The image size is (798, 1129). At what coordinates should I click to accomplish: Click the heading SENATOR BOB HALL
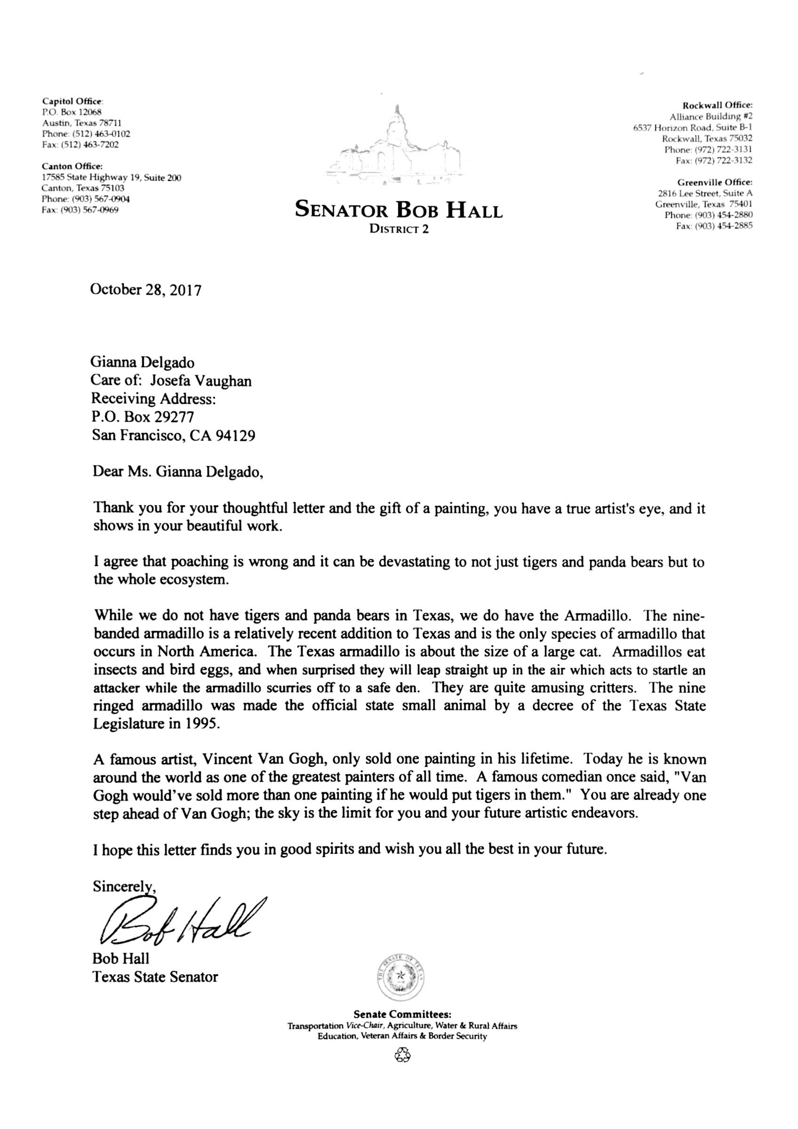click(399, 211)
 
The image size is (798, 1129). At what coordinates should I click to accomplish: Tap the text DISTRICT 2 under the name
click(399, 229)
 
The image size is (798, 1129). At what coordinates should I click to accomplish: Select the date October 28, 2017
click(146, 290)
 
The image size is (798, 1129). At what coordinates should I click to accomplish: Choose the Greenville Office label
click(715, 182)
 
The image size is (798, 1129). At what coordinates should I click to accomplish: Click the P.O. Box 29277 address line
click(143, 417)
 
